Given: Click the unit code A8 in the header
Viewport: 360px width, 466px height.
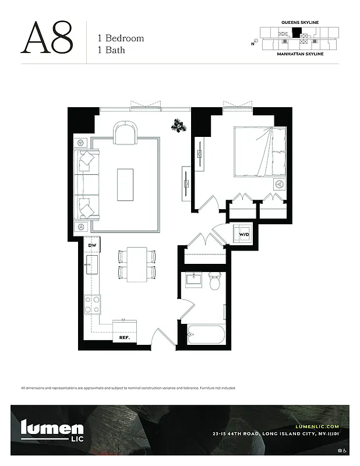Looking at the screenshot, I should pos(47,38).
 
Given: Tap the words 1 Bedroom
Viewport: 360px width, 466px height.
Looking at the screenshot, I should pos(121,38).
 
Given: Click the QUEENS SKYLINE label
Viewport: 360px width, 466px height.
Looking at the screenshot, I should pos(300,22).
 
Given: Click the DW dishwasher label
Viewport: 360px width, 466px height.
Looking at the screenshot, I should pos(91,245).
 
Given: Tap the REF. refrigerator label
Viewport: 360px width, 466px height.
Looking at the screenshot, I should pos(124,337).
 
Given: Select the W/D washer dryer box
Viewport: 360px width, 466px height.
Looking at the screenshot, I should pos(244,235).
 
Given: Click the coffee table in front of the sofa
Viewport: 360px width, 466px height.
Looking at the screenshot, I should pos(125,185).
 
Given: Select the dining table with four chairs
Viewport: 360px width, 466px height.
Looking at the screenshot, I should pos(137,264).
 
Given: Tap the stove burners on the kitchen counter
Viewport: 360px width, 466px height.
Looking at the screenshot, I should pos(92,303).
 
